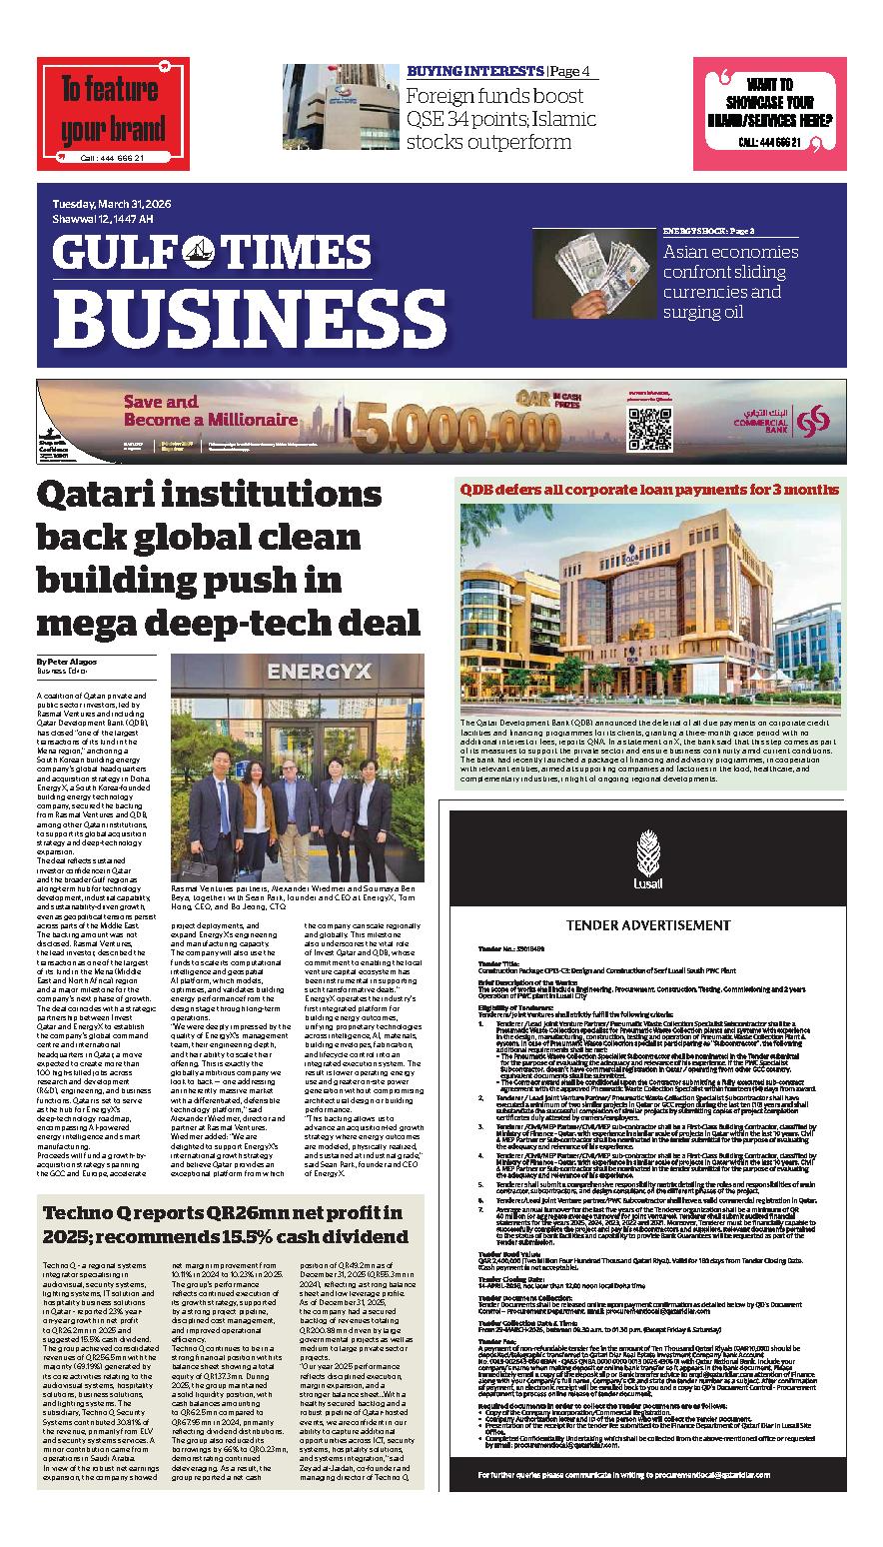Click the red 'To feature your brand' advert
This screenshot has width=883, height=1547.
[x=113, y=113]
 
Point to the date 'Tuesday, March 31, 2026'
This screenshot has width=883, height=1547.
[x=112, y=204]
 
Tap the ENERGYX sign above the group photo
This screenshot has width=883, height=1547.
[x=297, y=670]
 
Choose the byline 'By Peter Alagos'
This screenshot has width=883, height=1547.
[x=67, y=661]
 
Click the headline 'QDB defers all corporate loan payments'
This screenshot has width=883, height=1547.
[x=648, y=489]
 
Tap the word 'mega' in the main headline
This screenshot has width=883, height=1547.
[x=86, y=622]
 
